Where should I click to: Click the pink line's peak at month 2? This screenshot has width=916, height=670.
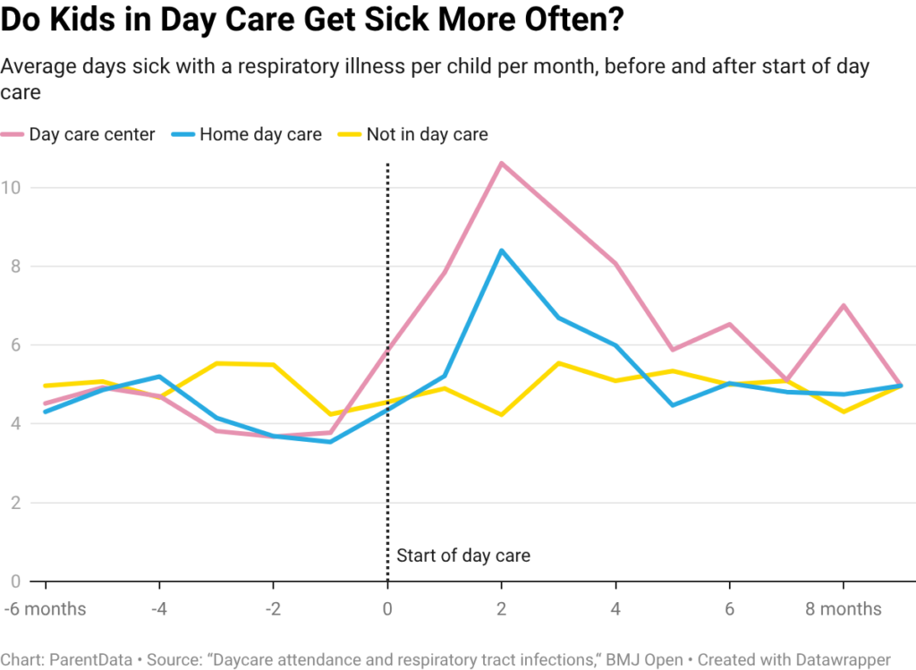[501, 163]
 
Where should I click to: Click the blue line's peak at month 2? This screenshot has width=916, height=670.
[501, 250]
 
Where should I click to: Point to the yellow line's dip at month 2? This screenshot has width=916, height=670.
[501, 415]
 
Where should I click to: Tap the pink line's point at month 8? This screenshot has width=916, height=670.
[843, 305]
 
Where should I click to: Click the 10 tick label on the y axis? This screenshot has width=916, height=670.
[13, 187]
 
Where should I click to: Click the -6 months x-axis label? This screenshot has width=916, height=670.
[44, 609]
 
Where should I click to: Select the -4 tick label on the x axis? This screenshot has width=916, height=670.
[157, 609]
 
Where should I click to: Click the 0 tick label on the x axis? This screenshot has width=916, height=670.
[387, 609]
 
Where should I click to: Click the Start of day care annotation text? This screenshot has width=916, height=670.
[463, 556]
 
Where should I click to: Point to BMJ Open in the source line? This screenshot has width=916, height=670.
[636, 659]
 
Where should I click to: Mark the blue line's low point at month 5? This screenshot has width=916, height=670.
[672, 405]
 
